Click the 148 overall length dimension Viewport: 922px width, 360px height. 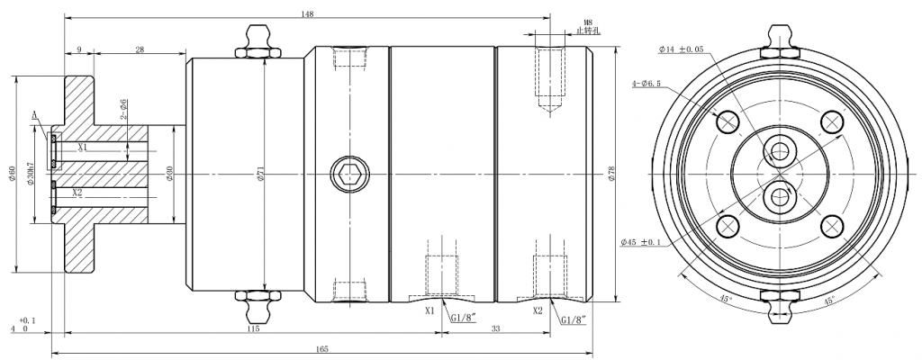(307, 13)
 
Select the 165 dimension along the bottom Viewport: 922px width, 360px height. (321, 348)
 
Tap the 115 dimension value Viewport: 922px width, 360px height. (251, 329)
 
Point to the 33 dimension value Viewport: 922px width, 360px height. (495, 329)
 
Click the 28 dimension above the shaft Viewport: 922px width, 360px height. (140, 51)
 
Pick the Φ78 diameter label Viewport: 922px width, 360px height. (612, 174)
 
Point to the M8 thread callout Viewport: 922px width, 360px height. (587, 22)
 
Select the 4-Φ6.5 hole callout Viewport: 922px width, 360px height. (646, 83)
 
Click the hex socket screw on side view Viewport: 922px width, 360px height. (348, 173)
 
